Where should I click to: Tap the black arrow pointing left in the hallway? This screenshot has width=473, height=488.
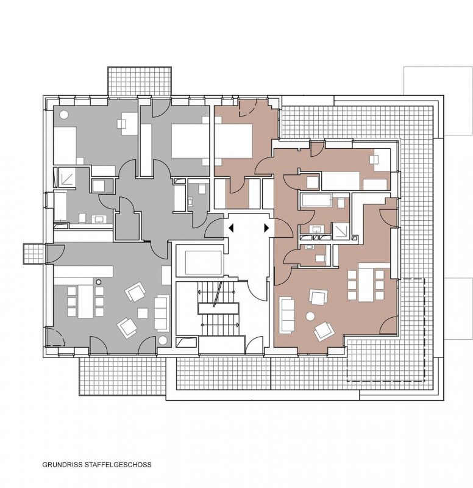pyautogui.click(x=231, y=228)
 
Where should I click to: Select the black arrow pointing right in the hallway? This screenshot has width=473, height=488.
pyautogui.click(x=266, y=228)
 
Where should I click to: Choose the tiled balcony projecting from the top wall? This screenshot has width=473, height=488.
pyautogui.click(x=140, y=81)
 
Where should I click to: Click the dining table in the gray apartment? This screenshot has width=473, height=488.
pyautogui.click(x=85, y=301)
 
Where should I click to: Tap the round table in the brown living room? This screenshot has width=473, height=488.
pyautogui.click(x=310, y=317)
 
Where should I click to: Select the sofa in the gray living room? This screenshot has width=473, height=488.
pyautogui.click(x=162, y=312)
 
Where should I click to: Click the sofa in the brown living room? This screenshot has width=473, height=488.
pyautogui.click(x=287, y=315)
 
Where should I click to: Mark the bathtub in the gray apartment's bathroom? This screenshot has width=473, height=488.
pyautogui.click(x=60, y=206)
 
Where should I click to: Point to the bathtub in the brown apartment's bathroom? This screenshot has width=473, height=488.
pyautogui.click(x=317, y=200)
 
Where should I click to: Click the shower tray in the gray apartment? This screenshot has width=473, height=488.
pyautogui.click(x=67, y=178)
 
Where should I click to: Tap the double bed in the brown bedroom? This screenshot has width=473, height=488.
pyautogui.click(x=233, y=140)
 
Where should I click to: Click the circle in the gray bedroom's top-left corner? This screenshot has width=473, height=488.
pyautogui.click(x=65, y=115)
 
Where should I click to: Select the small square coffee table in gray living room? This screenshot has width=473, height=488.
pyautogui.click(x=143, y=313)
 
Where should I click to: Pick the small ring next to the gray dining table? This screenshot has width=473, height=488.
pyautogui.click(x=99, y=282)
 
